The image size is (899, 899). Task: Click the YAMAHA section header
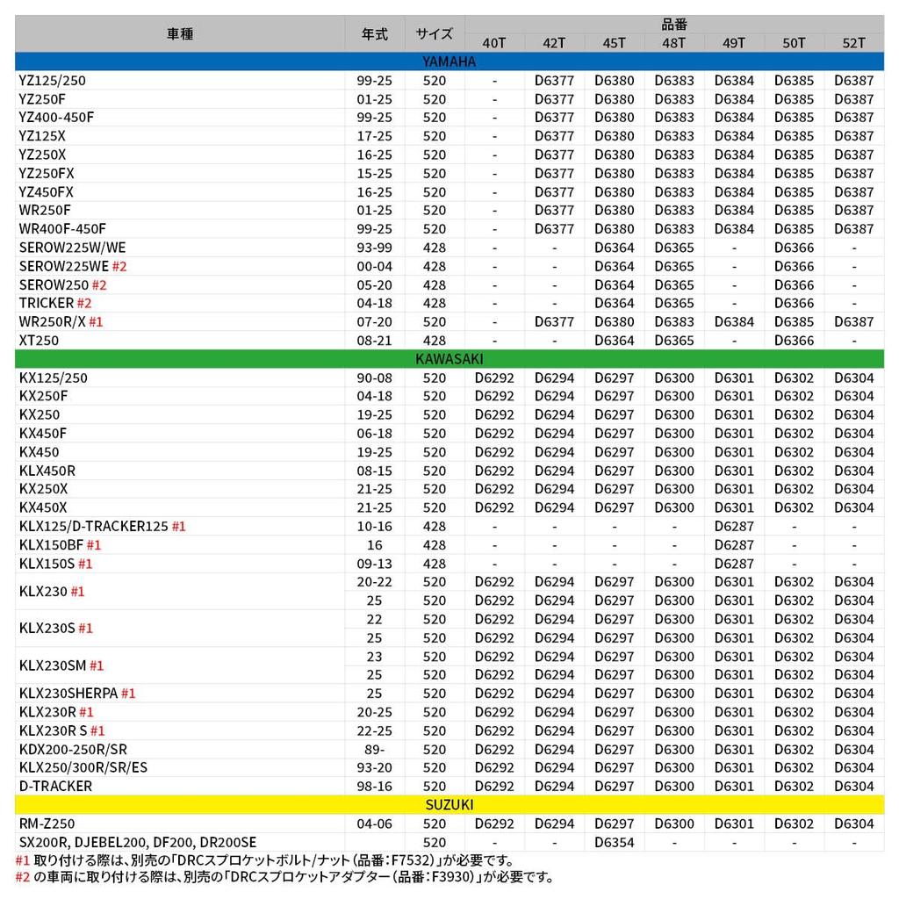pyautogui.click(x=449, y=61)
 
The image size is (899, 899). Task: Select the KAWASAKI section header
pyautogui.click(x=449, y=358)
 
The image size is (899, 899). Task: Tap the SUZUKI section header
pyautogui.click(x=449, y=804)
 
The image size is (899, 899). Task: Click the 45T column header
pyautogui.click(x=614, y=43)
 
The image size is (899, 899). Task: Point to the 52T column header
pyautogui.click(x=853, y=43)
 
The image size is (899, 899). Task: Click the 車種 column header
pyautogui.click(x=180, y=34)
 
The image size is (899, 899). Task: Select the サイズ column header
pyautogui.click(x=435, y=34)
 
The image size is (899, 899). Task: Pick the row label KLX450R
pyautogui.click(x=47, y=471)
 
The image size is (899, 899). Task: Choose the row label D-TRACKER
pyautogui.click(x=55, y=786)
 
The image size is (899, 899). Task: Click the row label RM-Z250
pyautogui.click(x=47, y=823)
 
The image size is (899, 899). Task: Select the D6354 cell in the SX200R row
pyautogui.click(x=614, y=842)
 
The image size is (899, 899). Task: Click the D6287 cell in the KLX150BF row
pyautogui.click(x=734, y=545)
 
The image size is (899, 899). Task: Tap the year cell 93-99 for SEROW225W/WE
pyautogui.click(x=375, y=248)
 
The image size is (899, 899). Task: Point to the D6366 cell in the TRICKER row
pyautogui.click(x=794, y=303)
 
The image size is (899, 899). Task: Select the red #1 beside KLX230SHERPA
pyautogui.click(x=128, y=694)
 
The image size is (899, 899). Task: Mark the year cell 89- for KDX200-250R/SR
pyautogui.click(x=375, y=749)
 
